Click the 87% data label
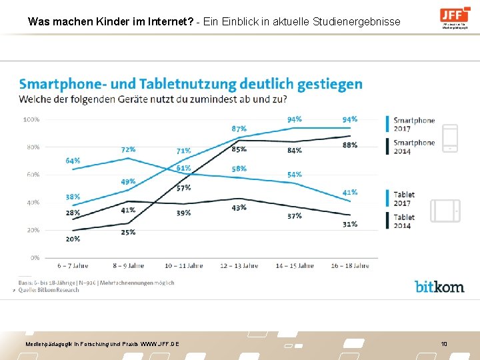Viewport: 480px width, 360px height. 239,128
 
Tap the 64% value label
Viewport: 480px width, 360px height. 73,161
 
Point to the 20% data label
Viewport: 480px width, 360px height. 73,239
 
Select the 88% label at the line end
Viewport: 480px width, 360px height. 349,145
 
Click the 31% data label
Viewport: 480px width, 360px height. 349,223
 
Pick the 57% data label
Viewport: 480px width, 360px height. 183,187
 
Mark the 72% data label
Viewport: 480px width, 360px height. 128,149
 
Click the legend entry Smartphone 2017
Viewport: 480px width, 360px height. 413,125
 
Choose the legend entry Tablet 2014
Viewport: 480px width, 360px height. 404,221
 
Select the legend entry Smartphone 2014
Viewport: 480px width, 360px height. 413,147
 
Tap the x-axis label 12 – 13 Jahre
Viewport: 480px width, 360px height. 239,266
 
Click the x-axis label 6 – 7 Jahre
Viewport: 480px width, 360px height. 73,266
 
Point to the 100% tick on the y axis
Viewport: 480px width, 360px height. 31,119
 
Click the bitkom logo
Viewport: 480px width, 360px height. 439,286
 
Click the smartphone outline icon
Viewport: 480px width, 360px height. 451,138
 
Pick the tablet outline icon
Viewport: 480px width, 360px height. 445,211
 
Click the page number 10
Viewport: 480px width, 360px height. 443,343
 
